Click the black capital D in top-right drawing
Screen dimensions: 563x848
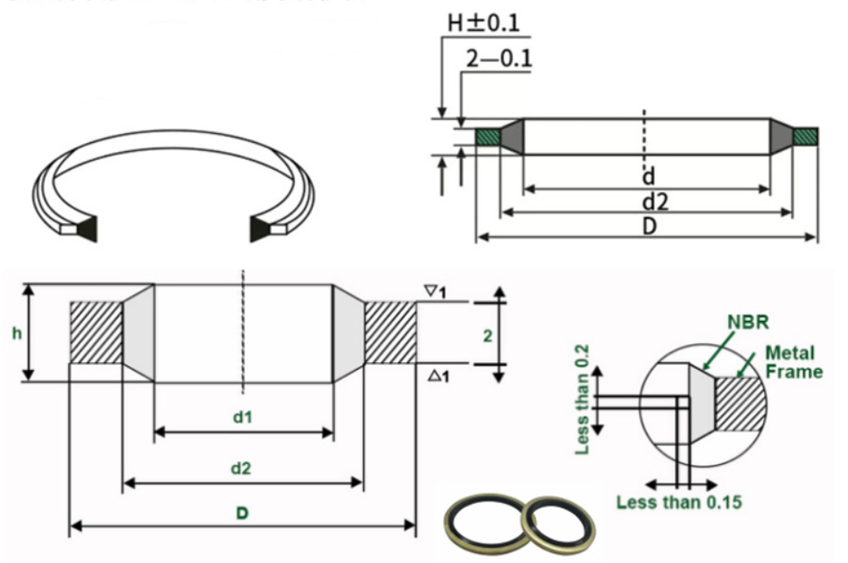tap(650, 226)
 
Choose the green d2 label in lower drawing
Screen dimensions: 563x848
tap(241, 466)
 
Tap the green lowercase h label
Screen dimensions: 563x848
tap(16, 333)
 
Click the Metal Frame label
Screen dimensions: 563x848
tap(793, 363)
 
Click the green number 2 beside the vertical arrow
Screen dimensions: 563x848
tap(487, 335)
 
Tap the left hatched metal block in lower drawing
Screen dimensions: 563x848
tap(96, 332)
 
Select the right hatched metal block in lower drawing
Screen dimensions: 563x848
tap(390, 332)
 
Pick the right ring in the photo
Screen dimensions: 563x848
tap(557, 521)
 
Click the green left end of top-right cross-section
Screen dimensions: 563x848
tap(487, 137)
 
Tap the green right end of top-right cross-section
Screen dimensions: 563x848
tap(805, 137)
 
